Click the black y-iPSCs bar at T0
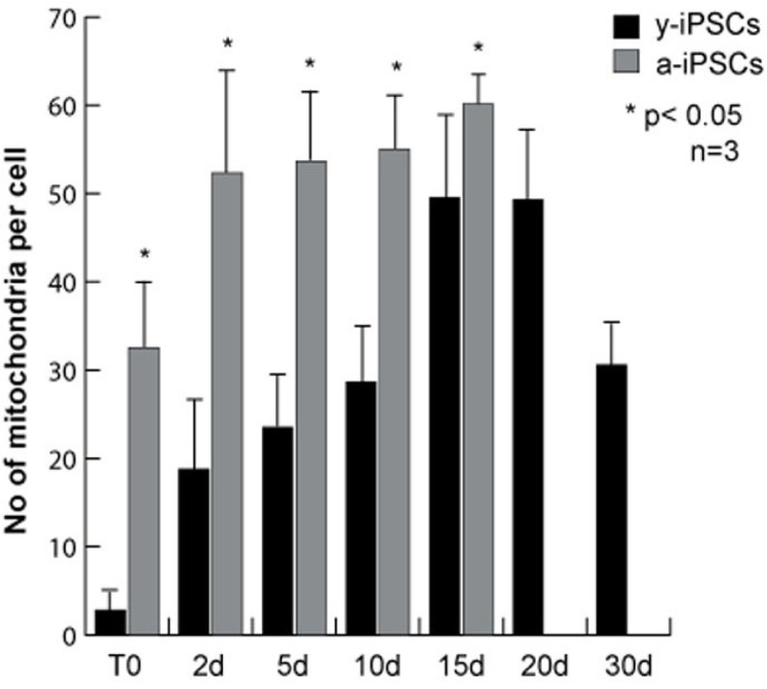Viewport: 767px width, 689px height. (111, 622)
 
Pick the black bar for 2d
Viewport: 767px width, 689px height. (195, 552)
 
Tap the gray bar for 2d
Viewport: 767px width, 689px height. (227, 404)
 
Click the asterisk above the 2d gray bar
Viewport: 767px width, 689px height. (228, 44)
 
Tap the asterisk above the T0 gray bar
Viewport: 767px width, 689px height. (144, 255)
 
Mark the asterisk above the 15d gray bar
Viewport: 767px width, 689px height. (478, 49)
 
